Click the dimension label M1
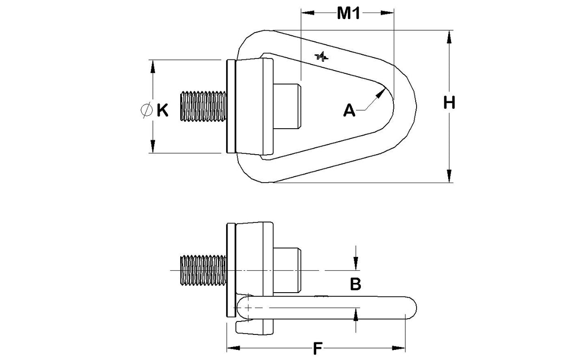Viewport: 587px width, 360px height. point(348,13)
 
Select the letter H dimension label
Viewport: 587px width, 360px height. point(449,103)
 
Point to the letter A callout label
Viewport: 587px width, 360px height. point(349,111)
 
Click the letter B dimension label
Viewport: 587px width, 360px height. point(355,284)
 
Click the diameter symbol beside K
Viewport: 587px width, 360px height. point(146,110)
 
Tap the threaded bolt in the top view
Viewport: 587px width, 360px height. point(203,106)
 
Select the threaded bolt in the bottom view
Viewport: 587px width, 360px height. point(203,270)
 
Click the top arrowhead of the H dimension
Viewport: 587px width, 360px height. point(449,37)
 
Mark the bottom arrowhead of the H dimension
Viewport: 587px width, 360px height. point(449,176)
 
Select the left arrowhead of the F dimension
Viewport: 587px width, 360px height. point(233,348)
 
